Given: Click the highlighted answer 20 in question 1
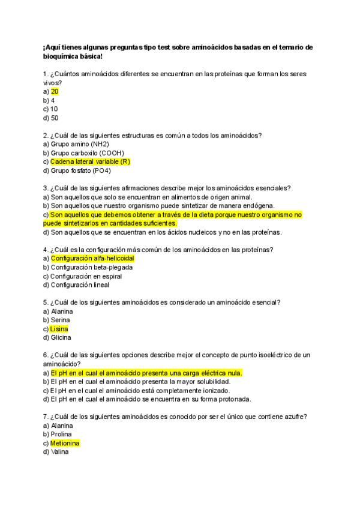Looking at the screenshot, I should [55, 91].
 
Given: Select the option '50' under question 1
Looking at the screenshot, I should [55, 118].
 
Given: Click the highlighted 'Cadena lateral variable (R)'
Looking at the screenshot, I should [90, 161].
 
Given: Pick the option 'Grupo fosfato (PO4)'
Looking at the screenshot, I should [81, 170].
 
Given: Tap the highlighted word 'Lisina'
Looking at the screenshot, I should [59, 329].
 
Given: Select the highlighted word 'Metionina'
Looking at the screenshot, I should [65, 443].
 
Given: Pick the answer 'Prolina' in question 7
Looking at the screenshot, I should [61, 434].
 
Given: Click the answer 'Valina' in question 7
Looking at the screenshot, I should [59, 452].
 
